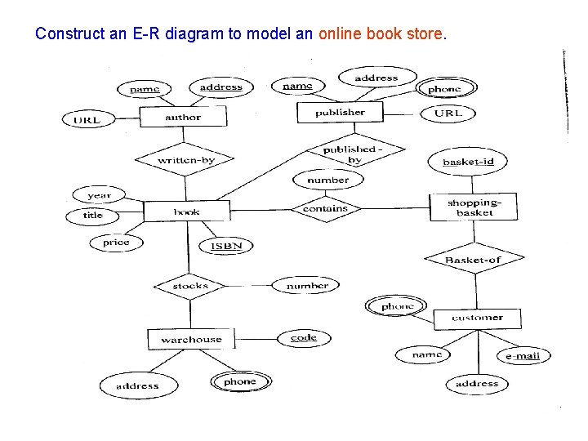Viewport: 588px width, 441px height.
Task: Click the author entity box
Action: [183, 118]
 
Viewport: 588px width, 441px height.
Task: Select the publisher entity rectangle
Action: [341, 113]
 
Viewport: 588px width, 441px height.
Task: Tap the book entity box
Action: [186, 212]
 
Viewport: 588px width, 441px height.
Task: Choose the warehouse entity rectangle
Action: [191, 339]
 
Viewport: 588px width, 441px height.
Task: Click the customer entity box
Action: [477, 318]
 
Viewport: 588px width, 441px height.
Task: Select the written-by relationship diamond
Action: [185, 160]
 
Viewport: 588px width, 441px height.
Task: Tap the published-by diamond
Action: [353, 154]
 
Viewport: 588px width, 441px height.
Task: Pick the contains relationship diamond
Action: [325, 208]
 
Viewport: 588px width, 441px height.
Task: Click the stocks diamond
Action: [191, 286]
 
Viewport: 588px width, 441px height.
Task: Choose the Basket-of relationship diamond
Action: [474, 260]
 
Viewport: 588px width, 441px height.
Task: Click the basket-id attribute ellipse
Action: [468, 162]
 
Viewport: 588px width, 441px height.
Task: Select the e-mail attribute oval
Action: [523, 356]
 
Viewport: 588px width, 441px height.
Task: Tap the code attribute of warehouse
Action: [303, 337]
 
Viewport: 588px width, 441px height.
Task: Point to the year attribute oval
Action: [99, 195]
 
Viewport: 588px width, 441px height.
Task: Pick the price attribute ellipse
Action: [116, 243]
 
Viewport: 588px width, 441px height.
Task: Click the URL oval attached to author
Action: [87, 120]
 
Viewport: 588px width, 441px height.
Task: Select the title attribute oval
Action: [93, 216]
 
